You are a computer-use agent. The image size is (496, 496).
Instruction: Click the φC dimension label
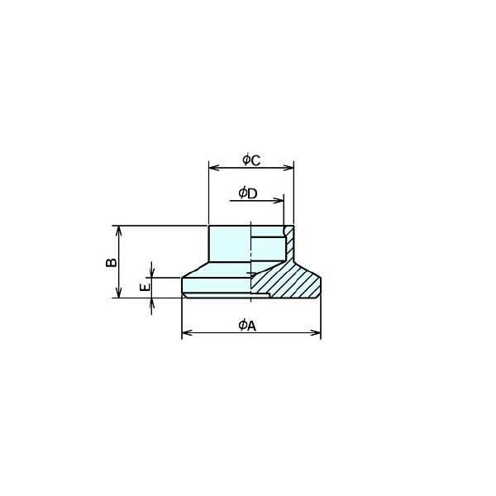[251, 160]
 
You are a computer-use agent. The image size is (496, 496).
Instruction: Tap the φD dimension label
[248, 193]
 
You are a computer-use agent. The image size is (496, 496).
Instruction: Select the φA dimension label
[247, 325]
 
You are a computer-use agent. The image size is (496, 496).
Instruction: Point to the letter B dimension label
[111, 262]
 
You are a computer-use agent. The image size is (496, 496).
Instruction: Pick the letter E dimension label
[145, 287]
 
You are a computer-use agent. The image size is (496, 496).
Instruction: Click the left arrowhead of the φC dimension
[214, 168]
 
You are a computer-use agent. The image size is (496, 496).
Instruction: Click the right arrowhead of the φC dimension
[289, 168]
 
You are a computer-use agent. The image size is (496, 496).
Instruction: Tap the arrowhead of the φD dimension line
[279, 201]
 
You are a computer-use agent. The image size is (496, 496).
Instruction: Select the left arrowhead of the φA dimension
[187, 333]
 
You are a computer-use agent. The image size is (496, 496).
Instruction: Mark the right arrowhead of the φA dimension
[316, 333]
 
